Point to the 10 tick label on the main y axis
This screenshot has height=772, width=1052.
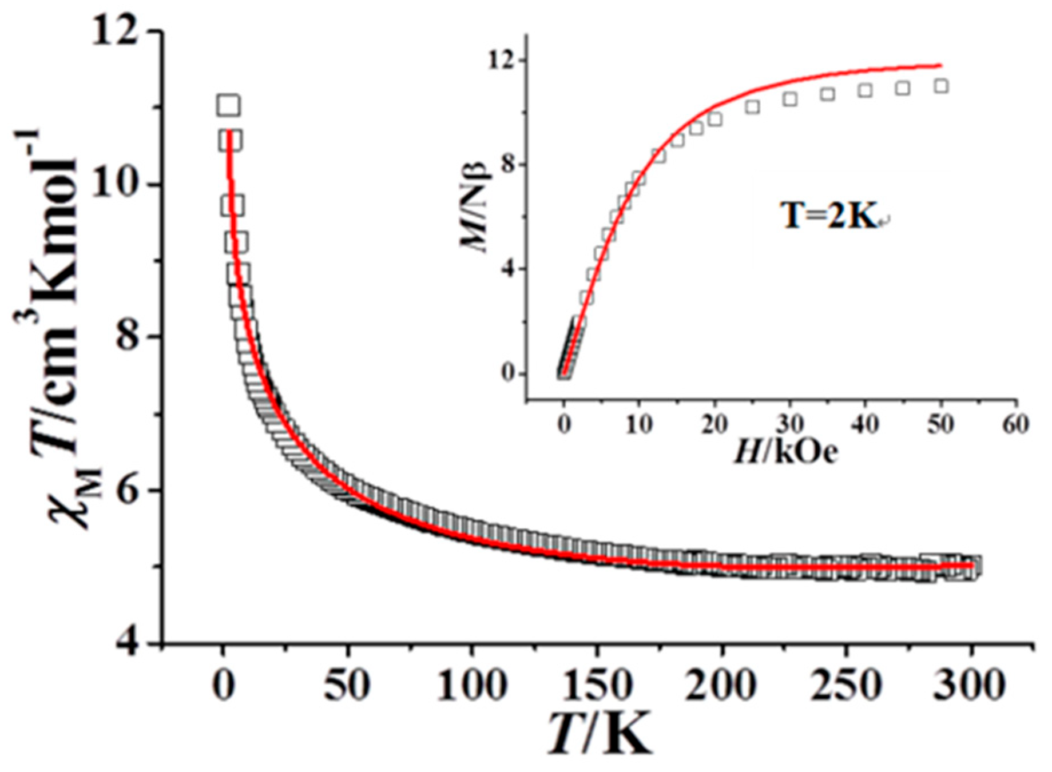click(117, 185)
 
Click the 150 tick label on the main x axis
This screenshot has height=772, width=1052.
click(597, 685)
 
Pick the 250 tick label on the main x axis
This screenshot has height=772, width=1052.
click(847, 685)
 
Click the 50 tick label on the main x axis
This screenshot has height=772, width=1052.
click(347, 685)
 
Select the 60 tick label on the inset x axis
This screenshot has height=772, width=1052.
click(1016, 424)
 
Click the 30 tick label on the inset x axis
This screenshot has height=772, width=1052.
click(790, 424)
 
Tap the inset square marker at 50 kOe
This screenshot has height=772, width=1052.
click(940, 86)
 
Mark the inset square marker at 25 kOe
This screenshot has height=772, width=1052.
click(752, 107)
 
